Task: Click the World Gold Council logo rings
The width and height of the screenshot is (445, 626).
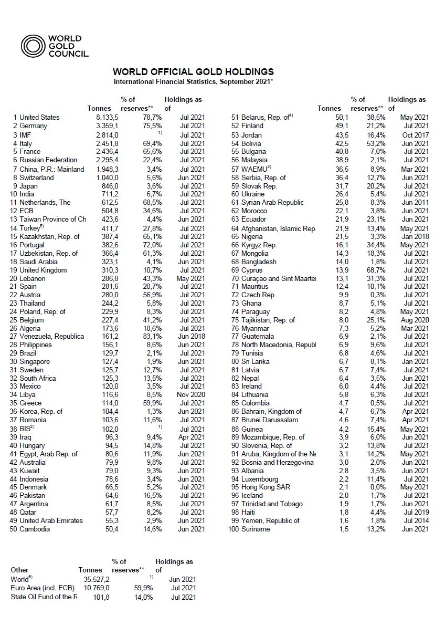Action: point(32,46)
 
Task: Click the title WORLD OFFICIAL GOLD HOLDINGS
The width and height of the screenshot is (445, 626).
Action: point(193,72)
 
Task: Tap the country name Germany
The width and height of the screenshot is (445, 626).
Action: point(33,126)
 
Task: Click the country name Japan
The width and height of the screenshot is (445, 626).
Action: point(29,186)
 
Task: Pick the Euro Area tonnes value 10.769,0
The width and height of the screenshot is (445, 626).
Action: point(95,588)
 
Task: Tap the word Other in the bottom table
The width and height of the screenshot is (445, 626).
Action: point(20,570)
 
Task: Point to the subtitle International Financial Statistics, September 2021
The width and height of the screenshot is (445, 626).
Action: point(193,81)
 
